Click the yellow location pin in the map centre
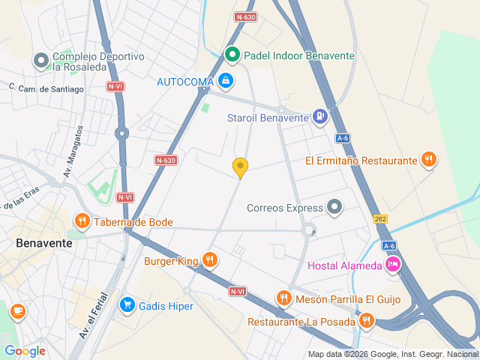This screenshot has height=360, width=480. click(x=240, y=167)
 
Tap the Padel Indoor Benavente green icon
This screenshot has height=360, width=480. click(x=232, y=55)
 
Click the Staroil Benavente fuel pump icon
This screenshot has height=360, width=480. click(x=320, y=116)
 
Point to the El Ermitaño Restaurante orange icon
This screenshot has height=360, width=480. click(x=428, y=160)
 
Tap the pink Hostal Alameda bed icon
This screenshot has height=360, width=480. click(x=393, y=265)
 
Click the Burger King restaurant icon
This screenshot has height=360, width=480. click(x=210, y=261)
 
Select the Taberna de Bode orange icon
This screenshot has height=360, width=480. click(x=82, y=221)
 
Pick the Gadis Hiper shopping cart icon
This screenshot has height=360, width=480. click(x=127, y=305)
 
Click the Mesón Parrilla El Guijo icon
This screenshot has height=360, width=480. click(x=283, y=298)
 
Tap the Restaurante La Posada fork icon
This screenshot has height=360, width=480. click(x=366, y=321)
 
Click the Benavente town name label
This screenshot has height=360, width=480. click(x=44, y=244)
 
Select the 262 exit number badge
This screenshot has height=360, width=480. click(x=381, y=218)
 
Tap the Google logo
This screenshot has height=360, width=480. click(x=25, y=351)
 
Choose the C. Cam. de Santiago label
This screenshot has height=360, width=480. click(x=46, y=88)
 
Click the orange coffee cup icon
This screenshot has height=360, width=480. click(x=18, y=310)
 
